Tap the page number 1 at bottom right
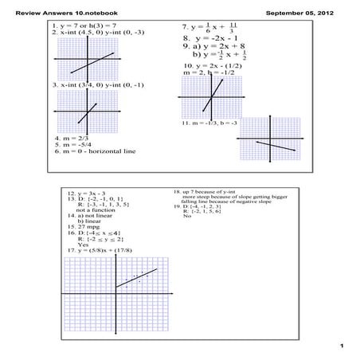(x=340, y=345)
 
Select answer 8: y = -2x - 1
(x=205, y=37)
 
